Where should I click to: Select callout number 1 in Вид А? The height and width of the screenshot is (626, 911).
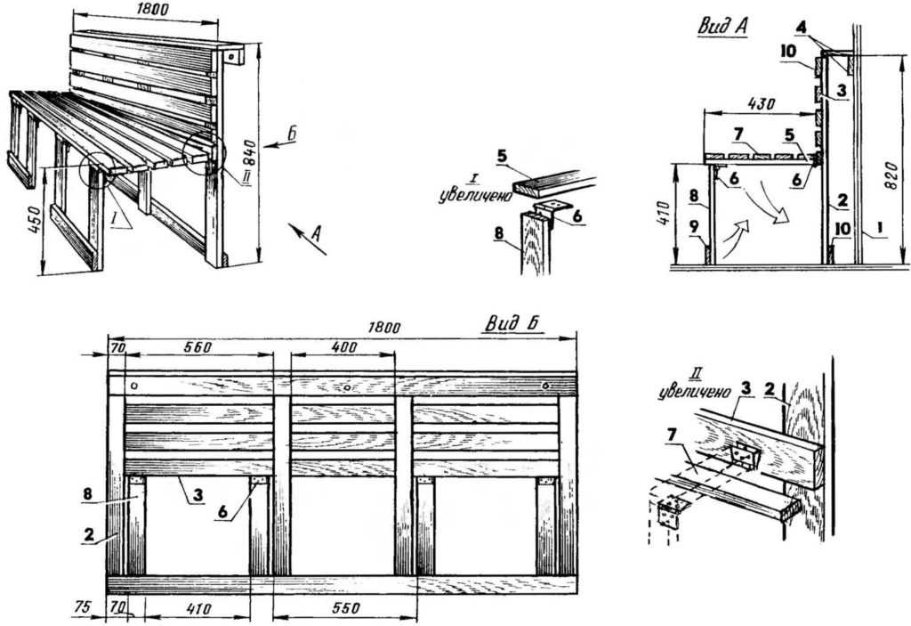878,229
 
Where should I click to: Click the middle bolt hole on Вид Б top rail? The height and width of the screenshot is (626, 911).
347,387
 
